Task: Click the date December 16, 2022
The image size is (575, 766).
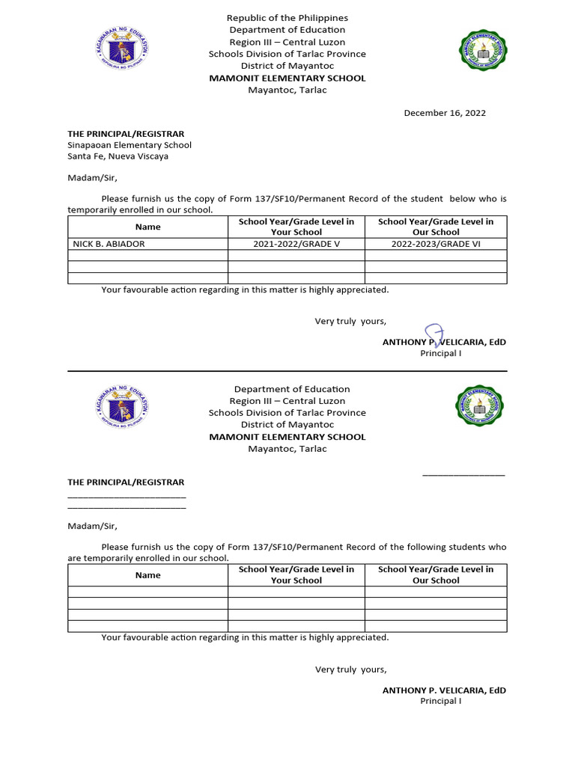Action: [x=445, y=113]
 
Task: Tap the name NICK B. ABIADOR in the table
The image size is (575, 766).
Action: [x=109, y=244]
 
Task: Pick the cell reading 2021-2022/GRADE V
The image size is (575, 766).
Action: [x=296, y=244]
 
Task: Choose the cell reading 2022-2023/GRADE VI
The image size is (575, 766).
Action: [x=436, y=244]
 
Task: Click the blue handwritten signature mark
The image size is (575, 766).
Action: [x=433, y=334]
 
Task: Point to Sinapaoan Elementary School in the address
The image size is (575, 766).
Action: [x=130, y=145]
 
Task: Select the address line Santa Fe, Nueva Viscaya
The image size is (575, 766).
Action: [x=118, y=156]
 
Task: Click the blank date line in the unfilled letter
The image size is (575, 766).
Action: [x=463, y=474]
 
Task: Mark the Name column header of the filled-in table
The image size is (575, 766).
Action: [x=147, y=227]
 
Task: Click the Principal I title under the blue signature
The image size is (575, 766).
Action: [x=440, y=353]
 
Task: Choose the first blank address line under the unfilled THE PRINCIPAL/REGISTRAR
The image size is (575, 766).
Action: [x=127, y=496]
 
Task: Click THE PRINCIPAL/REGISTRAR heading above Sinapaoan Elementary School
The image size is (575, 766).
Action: [x=126, y=134]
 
